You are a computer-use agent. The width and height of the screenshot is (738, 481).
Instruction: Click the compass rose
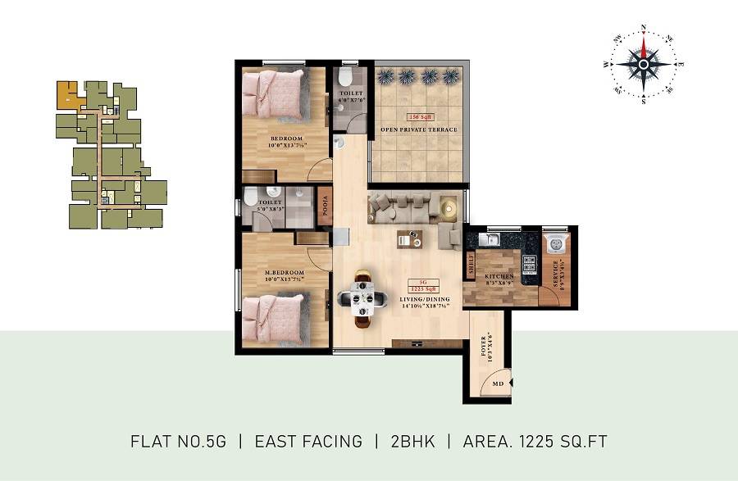click(x=645, y=63)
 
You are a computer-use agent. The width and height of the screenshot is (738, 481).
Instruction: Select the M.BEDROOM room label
click(x=284, y=272)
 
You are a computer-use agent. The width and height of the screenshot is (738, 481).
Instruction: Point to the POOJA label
click(x=324, y=210)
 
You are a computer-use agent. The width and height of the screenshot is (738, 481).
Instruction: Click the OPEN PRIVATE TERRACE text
click(x=418, y=129)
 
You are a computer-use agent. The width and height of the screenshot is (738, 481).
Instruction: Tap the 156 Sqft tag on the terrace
click(x=418, y=118)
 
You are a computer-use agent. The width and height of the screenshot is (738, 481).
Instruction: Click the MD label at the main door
click(x=497, y=383)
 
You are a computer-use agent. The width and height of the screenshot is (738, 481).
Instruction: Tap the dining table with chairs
click(x=360, y=298)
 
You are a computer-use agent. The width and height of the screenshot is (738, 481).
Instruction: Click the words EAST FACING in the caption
click(x=308, y=442)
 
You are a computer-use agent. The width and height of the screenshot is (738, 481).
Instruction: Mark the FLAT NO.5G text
click(x=178, y=442)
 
